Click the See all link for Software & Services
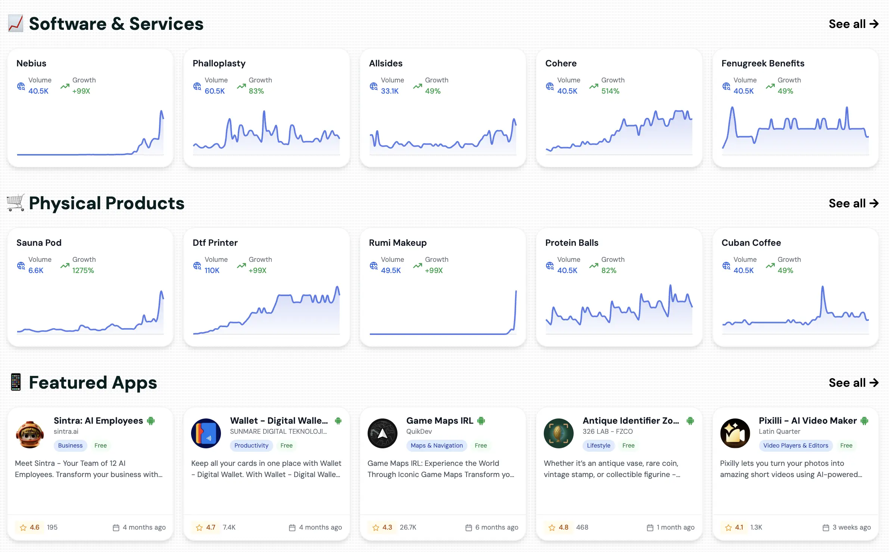[853, 24]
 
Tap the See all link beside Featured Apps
[853, 383]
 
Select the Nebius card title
[31, 63]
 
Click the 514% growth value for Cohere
[610, 91]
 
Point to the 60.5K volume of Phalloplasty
[215, 91]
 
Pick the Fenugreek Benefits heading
[762, 63]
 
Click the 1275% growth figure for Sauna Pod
[83, 270]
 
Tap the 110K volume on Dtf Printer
[212, 270]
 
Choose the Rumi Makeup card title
[397, 243]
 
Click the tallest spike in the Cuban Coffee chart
[822, 288]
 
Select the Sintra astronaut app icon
[30, 433]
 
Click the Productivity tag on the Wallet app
[251, 445]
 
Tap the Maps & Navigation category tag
[436, 445]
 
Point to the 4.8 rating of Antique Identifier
[563, 527]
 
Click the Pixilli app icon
[735, 433]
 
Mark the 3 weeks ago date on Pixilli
[851, 527]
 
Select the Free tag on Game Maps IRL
[481, 445]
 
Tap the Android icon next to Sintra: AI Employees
[151, 421]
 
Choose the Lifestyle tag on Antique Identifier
[598, 445]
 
